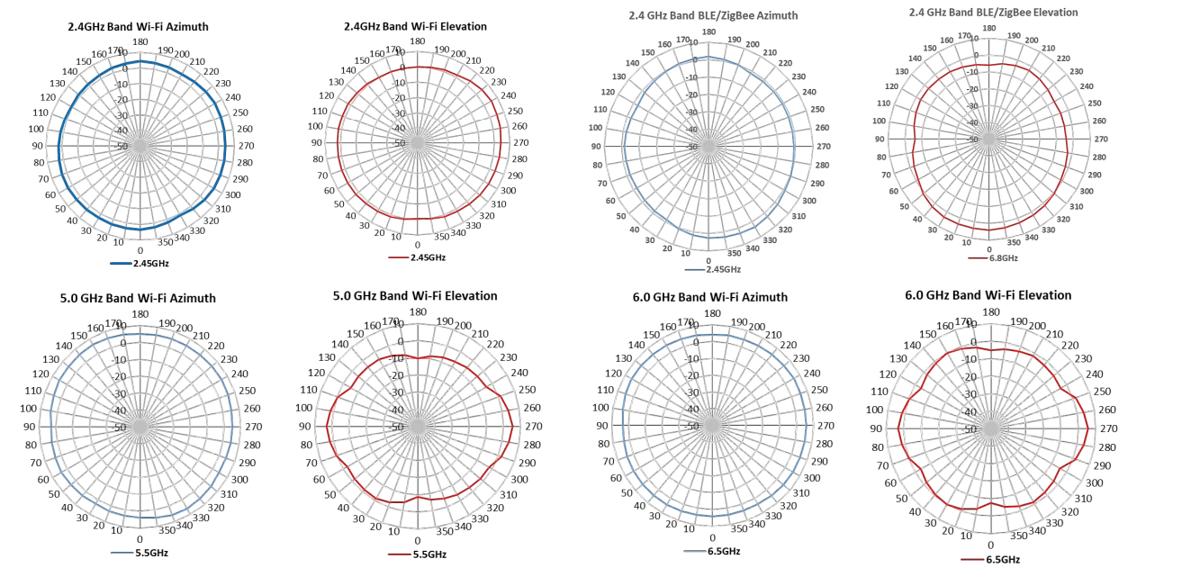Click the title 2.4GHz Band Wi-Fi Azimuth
138,27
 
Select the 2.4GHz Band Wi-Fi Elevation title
415,27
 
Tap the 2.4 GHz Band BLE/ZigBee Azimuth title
713,15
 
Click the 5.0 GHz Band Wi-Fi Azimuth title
140,298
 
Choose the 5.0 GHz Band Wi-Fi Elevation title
415,295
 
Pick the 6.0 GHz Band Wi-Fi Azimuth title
712,297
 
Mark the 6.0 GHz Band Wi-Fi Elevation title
988,295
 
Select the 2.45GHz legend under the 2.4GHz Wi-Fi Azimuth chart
150,264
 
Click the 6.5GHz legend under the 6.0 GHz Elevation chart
1002,559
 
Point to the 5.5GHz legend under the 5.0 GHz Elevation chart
429,554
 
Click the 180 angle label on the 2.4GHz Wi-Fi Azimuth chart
140,41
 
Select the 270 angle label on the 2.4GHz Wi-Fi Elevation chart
519,142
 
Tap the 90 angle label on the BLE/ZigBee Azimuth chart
596,146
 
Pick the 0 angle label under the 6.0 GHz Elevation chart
991,545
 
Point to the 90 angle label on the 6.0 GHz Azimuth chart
602,426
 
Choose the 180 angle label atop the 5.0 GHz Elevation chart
418,312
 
